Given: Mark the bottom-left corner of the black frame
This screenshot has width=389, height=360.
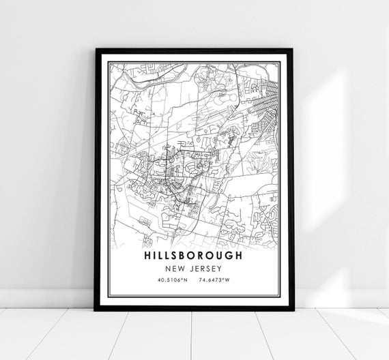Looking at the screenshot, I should pyautogui.click(x=95, y=310).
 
